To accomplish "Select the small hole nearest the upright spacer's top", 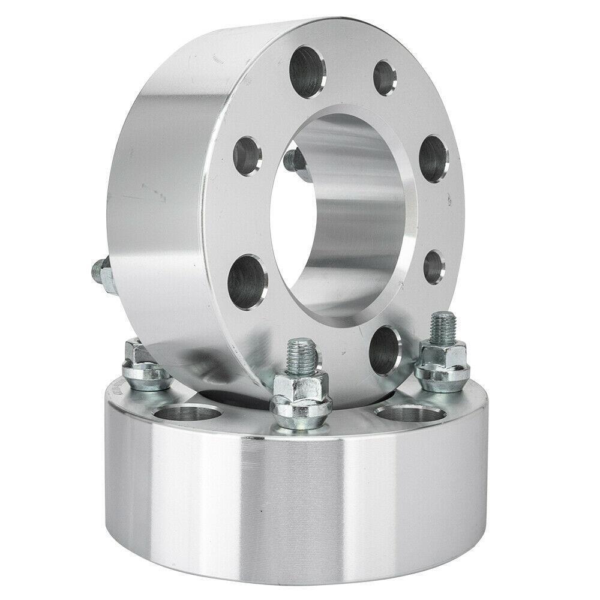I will [385, 77].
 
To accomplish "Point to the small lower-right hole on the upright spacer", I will [434, 266].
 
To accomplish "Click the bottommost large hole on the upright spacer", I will [384, 350].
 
